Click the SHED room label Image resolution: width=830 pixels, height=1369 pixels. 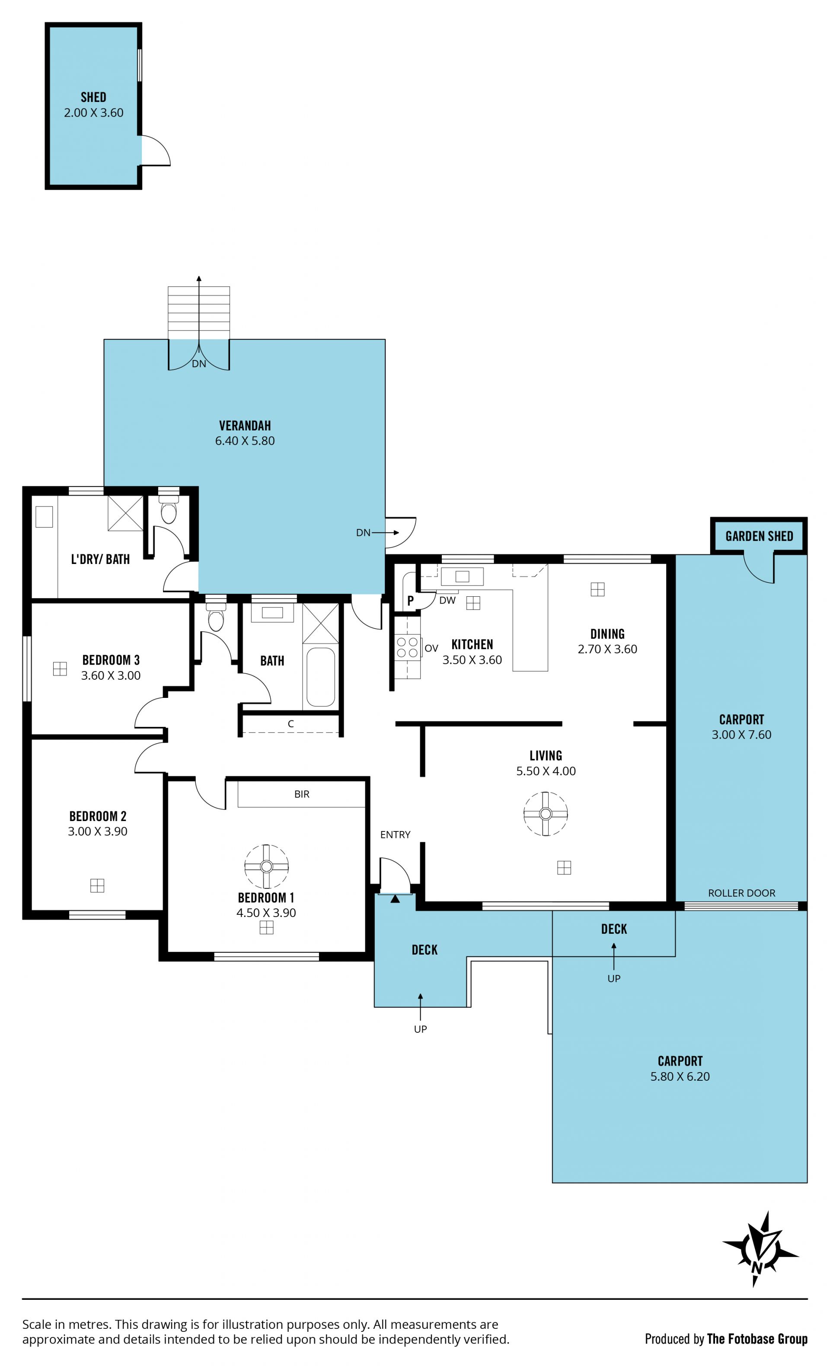(93, 97)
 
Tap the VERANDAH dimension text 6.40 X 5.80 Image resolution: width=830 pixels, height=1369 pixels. (245, 441)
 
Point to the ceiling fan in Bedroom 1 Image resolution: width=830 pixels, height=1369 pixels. (266, 866)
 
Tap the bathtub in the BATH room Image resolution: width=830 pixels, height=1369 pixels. (321, 677)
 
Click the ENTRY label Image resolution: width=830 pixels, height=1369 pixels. (395, 834)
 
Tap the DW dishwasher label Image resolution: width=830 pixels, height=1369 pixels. (447, 600)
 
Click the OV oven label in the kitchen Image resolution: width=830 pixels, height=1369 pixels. (431, 648)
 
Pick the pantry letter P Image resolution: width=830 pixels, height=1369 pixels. (410, 601)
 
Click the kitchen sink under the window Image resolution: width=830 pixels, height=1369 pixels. (462, 577)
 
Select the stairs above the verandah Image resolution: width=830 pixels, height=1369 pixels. (198, 313)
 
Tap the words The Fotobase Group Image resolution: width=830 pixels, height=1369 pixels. (757, 1339)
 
